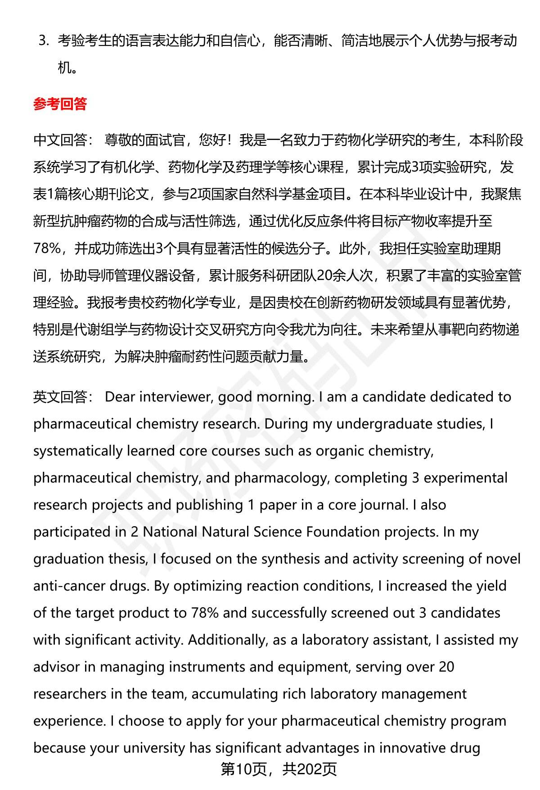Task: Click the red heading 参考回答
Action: point(60,104)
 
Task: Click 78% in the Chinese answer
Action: point(47,248)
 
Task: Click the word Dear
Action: point(120,397)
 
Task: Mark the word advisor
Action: point(56,667)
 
